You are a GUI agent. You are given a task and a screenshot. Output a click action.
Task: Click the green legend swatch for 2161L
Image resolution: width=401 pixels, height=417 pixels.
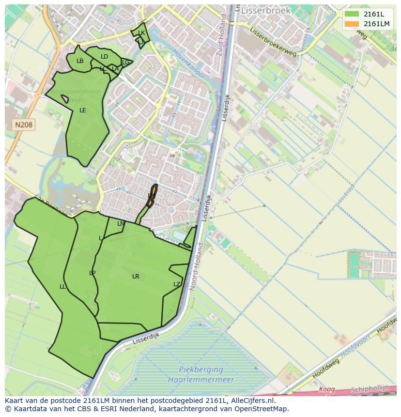click(x=352, y=14)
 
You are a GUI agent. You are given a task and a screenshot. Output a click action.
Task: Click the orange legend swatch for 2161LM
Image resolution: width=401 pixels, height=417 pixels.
click(x=352, y=24)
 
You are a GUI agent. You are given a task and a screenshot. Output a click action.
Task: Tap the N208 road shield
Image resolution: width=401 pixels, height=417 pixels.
click(x=23, y=125)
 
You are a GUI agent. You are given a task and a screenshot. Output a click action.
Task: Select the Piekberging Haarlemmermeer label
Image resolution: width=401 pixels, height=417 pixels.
click(x=201, y=374)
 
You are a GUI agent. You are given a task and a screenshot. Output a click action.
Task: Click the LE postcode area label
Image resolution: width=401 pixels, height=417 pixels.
click(x=83, y=110)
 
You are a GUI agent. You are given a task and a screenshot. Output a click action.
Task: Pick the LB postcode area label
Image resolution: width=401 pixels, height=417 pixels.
click(x=80, y=61)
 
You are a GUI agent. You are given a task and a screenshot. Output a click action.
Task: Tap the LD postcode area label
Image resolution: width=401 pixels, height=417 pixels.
click(x=104, y=57)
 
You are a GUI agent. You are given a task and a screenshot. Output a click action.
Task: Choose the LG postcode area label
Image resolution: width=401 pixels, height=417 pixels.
click(x=125, y=62)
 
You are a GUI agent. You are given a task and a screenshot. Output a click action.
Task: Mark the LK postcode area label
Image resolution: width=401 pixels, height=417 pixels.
click(x=141, y=33)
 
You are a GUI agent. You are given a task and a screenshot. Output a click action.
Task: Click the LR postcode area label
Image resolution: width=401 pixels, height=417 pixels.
click(x=136, y=277)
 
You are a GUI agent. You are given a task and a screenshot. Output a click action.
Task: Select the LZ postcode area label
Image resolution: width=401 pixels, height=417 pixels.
click(x=177, y=284)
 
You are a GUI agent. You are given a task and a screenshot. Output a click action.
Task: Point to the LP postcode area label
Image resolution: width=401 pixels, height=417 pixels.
click(x=92, y=273)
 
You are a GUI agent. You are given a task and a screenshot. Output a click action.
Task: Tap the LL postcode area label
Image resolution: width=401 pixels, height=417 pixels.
click(x=62, y=287)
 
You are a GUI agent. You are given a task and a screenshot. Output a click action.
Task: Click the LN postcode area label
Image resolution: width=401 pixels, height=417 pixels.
click(x=121, y=224)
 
